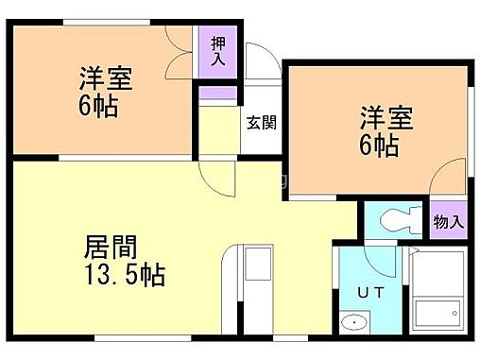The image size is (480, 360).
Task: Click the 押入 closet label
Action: tap(218, 51)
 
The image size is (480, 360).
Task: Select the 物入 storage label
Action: tap(449, 223)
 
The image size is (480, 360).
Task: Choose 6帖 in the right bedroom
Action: tap(378, 146)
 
